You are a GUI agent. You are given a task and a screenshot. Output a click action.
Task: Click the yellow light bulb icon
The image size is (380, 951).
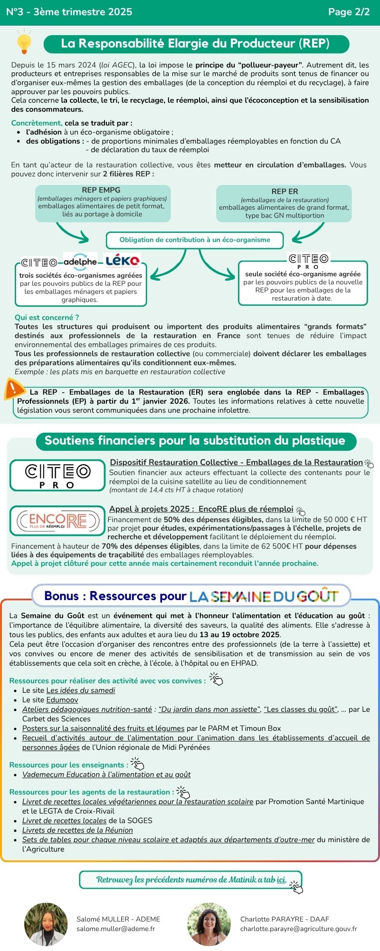[24, 42]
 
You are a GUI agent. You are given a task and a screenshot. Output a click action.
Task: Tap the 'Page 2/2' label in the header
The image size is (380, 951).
[349, 12]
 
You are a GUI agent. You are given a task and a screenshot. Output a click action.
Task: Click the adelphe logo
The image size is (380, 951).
[80, 262]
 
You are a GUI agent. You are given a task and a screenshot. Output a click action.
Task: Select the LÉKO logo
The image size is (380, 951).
[123, 261]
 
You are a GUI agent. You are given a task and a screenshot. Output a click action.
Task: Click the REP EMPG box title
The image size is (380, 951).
[101, 190]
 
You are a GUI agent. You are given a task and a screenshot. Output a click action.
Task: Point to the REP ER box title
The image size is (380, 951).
[285, 192]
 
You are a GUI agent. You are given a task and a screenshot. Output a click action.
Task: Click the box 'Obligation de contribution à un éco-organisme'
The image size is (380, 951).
[195, 240]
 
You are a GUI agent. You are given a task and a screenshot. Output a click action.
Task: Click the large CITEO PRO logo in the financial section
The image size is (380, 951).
[57, 475]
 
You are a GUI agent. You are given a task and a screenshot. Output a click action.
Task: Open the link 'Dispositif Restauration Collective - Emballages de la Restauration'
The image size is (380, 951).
[236, 462]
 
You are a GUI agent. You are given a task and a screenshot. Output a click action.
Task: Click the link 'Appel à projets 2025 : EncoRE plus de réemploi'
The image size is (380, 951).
[201, 509]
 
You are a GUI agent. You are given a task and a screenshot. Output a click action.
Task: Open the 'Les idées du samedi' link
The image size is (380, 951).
[81, 690]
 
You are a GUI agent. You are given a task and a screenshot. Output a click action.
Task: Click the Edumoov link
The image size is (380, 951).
[62, 700]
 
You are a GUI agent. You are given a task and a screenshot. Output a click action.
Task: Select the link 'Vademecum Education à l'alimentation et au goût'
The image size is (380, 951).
[106, 775]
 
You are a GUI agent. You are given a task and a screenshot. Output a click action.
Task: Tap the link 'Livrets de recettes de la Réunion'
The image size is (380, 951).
[77, 830]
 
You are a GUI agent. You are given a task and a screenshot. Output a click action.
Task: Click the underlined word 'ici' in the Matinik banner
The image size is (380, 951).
[282, 880]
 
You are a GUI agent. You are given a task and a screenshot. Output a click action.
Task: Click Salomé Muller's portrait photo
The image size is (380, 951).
[46, 924]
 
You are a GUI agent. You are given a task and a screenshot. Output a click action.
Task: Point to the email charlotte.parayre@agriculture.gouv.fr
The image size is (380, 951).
[298, 929]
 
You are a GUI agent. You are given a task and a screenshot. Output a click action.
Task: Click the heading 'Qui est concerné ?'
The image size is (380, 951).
[47, 318]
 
